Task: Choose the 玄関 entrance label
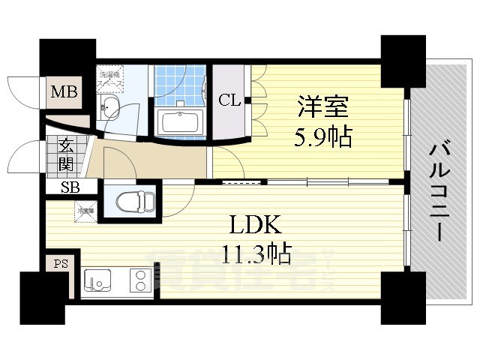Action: pos(64,154)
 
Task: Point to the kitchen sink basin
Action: pos(98,282)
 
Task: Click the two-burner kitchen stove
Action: pos(139,282)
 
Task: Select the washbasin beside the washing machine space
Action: pos(111,105)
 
